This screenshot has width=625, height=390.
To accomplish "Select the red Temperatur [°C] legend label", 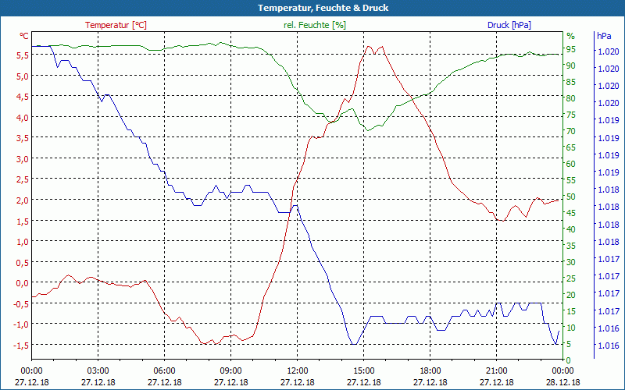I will pyautogui.click(x=116, y=25).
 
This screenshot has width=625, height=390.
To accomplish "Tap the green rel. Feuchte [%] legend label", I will pyautogui.click(x=314, y=25).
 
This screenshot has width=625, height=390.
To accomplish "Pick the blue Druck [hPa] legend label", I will pyautogui.click(x=509, y=25).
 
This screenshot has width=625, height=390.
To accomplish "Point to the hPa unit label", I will pyautogui.click(x=604, y=36).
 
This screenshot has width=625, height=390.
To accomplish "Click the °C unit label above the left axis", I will pyautogui.click(x=24, y=36).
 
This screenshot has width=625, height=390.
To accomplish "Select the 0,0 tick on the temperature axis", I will pyautogui.click(x=21, y=283).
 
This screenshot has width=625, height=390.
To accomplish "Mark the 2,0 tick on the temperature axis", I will pyautogui.click(x=21, y=200).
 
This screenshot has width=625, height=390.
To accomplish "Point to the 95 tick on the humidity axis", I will pyautogui.click(x=571, y=49).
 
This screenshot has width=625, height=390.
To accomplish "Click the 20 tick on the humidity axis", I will pyautogui.click(x=571, y=295).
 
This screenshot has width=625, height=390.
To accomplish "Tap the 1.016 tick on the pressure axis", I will pyautogui.click(x=608, y=345).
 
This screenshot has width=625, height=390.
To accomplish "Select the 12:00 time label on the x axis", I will pyautogui.click(x=298, y=370).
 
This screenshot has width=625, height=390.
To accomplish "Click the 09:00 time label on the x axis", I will pyautogui.click(x=231, y=370).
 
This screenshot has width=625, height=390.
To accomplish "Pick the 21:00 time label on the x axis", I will pyautogui.click(x=497, y=370).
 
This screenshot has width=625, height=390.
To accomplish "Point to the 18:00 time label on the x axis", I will pyautogui.click(x=430, y=370).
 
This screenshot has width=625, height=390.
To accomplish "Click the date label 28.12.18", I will pyautogui.click(x=563, y=382).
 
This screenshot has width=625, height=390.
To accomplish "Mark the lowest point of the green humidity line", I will pyautogui.click(x=369, y=130).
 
